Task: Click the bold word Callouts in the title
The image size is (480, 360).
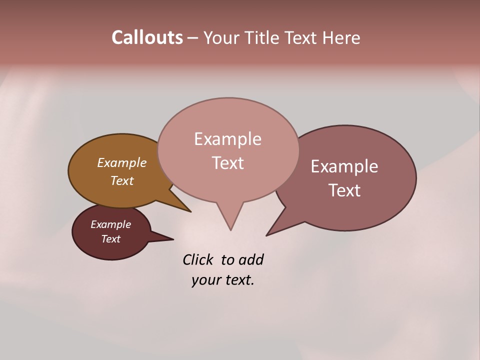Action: (x=147, y=37)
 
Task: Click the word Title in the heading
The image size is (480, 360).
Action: (x=263, y=37)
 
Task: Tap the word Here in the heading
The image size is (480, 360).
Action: (x=341, y=37)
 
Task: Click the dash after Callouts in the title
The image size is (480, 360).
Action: (x=192, y=37)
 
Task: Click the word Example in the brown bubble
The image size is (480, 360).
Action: (x=121, y=163)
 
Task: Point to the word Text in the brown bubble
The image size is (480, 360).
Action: (x=121, y=180)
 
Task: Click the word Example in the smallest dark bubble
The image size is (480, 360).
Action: (x=110, y=224)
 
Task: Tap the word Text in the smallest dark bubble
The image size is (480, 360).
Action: (x=110, y=239)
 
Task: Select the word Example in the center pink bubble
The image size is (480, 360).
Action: (x=227, y=139)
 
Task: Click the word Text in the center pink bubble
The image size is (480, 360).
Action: (x=227, y=163)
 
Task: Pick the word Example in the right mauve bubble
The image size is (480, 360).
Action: (x=344, y=166)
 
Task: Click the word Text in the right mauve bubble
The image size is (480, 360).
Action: (x=344, y=190)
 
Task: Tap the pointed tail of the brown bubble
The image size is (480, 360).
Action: (x=186, y=209)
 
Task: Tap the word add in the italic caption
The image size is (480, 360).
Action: (x=251, y=259)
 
